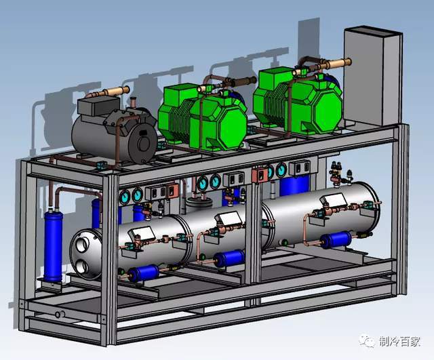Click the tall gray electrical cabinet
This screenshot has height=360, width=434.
pyautogui.click(x=373, y=76)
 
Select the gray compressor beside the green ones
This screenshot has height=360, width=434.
pyautogui.click(x=115, y=131)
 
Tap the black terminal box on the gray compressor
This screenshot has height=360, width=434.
pyautogui.click(x=99, y=106)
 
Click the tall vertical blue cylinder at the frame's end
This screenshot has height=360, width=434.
pyautogui.click(x=53, y=245)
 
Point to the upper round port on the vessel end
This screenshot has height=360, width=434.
pyautogui.click(x=83, y=245)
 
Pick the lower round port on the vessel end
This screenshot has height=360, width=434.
pyautogui.click(x=82, y=267)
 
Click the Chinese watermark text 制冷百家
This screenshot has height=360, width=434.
pyautogui.click(x=399, y=342)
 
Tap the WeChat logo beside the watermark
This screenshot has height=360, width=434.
pyautogui.click(x=367, y=341)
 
